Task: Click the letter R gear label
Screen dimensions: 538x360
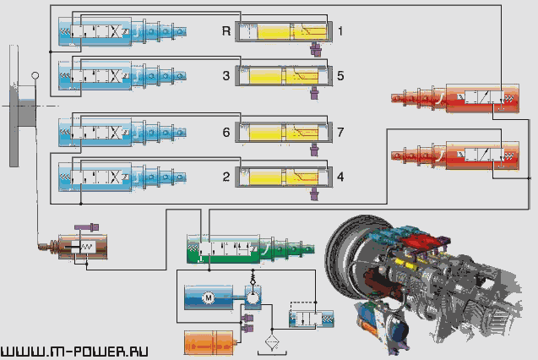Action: [x=226, y=31]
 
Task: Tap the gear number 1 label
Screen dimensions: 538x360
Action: [x=340, y=31]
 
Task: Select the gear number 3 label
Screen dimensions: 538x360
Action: [x=226, y=76]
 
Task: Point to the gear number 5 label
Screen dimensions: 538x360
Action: [x=340, y=76]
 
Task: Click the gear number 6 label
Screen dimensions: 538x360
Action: [x=226, y=132]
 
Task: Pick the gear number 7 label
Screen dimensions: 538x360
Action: [x=340, y=132]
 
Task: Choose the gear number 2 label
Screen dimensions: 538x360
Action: [x=226, y=177]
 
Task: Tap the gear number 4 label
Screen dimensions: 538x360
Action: [x=340, y=177]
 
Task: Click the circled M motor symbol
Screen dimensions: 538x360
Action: [x=208, y=297]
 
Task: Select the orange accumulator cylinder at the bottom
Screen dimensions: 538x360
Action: [x=210, y=343]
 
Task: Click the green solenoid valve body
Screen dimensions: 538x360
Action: [x=251, y=248]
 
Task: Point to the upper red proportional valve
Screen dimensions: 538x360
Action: [x=455, y=98]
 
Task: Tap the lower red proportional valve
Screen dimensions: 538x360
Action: [x=455, y=155]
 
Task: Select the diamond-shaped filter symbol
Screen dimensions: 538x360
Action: [x=272, y=341]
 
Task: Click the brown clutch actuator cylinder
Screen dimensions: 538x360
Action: [x=83, y=247]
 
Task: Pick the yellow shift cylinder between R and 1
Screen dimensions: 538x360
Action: [x=284, y=32]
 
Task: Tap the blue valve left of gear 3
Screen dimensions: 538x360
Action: [x=122, y=75]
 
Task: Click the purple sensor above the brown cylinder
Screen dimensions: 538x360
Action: [x=87, y=226]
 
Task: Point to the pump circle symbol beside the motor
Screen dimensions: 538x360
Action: [x=253, y=297]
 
